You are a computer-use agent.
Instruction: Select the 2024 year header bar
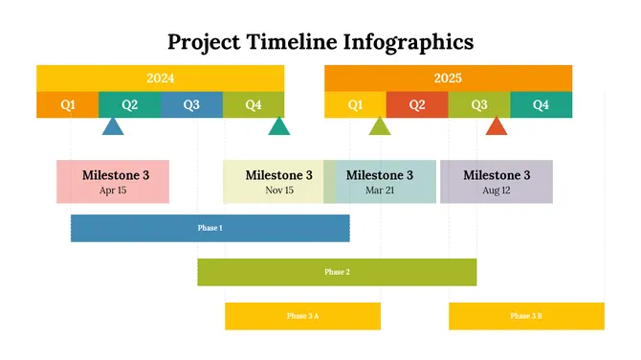click(x=160, y=78)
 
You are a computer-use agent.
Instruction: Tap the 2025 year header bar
click(x=448, y=78)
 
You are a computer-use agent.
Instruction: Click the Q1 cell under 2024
click(x=67, y=104)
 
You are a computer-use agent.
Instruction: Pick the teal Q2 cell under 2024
click(x=129, y=104)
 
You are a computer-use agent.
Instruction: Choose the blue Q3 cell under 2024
click(x=191, y=104)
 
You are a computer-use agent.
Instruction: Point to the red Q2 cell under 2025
click(x=417, y=104)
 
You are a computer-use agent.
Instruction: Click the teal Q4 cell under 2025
click(x=541, y=104)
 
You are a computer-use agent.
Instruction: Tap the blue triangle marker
click(x=113, y=126)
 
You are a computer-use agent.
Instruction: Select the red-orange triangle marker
click(x=496, y=126)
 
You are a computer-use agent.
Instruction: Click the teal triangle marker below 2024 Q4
click(x=278, y=126)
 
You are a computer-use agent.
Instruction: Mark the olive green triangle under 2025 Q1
click(x=380, y=126)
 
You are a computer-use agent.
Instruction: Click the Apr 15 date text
click(x=113, y=191)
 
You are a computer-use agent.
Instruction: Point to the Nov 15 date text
click(x=279, y=191)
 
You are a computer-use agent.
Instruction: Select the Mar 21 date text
click(x=380, y=191)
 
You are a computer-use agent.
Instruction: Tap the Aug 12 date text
click(x=497, y=191)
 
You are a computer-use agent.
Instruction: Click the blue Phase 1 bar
click(x=210, y=228)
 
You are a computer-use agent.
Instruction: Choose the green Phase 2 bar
click(x=337, y=272)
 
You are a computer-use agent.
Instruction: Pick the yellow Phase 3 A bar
click(x=302, y=316)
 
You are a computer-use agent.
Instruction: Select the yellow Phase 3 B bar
click(x=526, y=316)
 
